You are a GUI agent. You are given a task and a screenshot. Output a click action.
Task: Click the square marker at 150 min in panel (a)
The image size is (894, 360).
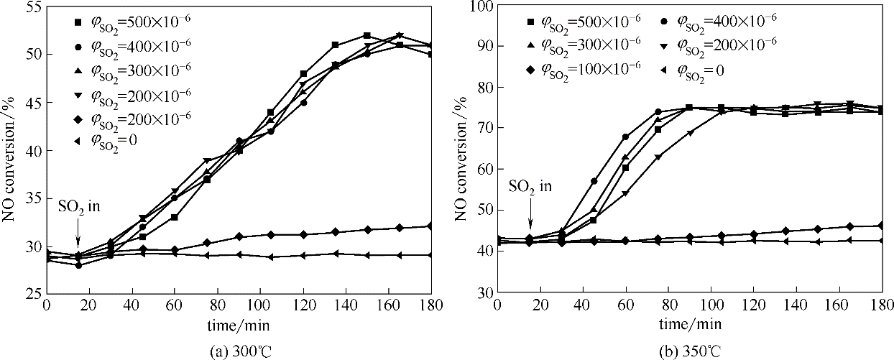click(367, 35)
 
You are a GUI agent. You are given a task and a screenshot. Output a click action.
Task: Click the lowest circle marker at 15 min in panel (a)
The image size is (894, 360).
click(78, 265)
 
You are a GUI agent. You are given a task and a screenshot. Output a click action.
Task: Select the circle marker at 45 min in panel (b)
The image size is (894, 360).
click(594, 181)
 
